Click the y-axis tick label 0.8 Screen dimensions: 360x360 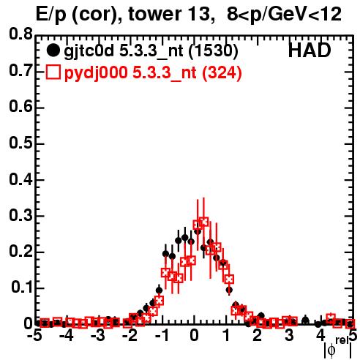click(x=20, y=34)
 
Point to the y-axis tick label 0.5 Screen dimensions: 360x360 click(x=20, y=143)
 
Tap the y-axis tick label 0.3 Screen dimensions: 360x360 click(x=20, y=215)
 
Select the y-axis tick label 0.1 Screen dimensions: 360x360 click(x=21, y=288)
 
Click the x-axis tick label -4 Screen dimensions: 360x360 click(x=67, y=336)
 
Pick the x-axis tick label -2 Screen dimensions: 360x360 click(x=130, y=336)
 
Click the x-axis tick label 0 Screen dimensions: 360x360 click(x=194, y=336)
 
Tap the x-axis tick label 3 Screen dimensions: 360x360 click(x=289, y=336)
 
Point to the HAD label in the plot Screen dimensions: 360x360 click(x=310, y=50)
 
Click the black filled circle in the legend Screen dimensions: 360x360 click(x=53, y=50)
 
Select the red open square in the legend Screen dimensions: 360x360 click(x=53, y=72)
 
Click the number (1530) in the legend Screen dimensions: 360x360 click(x=213, y=51)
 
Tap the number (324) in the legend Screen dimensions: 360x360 click(x=222, y=72)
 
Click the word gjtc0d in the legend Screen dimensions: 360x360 click(x=89, y=52)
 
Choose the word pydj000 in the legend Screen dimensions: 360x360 click(x=96, y=73)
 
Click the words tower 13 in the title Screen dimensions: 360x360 click(x=169, y=14)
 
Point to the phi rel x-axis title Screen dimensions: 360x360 click(x=338, y=348)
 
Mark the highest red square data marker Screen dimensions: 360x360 click(x=203, y=222)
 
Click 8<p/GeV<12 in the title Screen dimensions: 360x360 click(x=284, y=15)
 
